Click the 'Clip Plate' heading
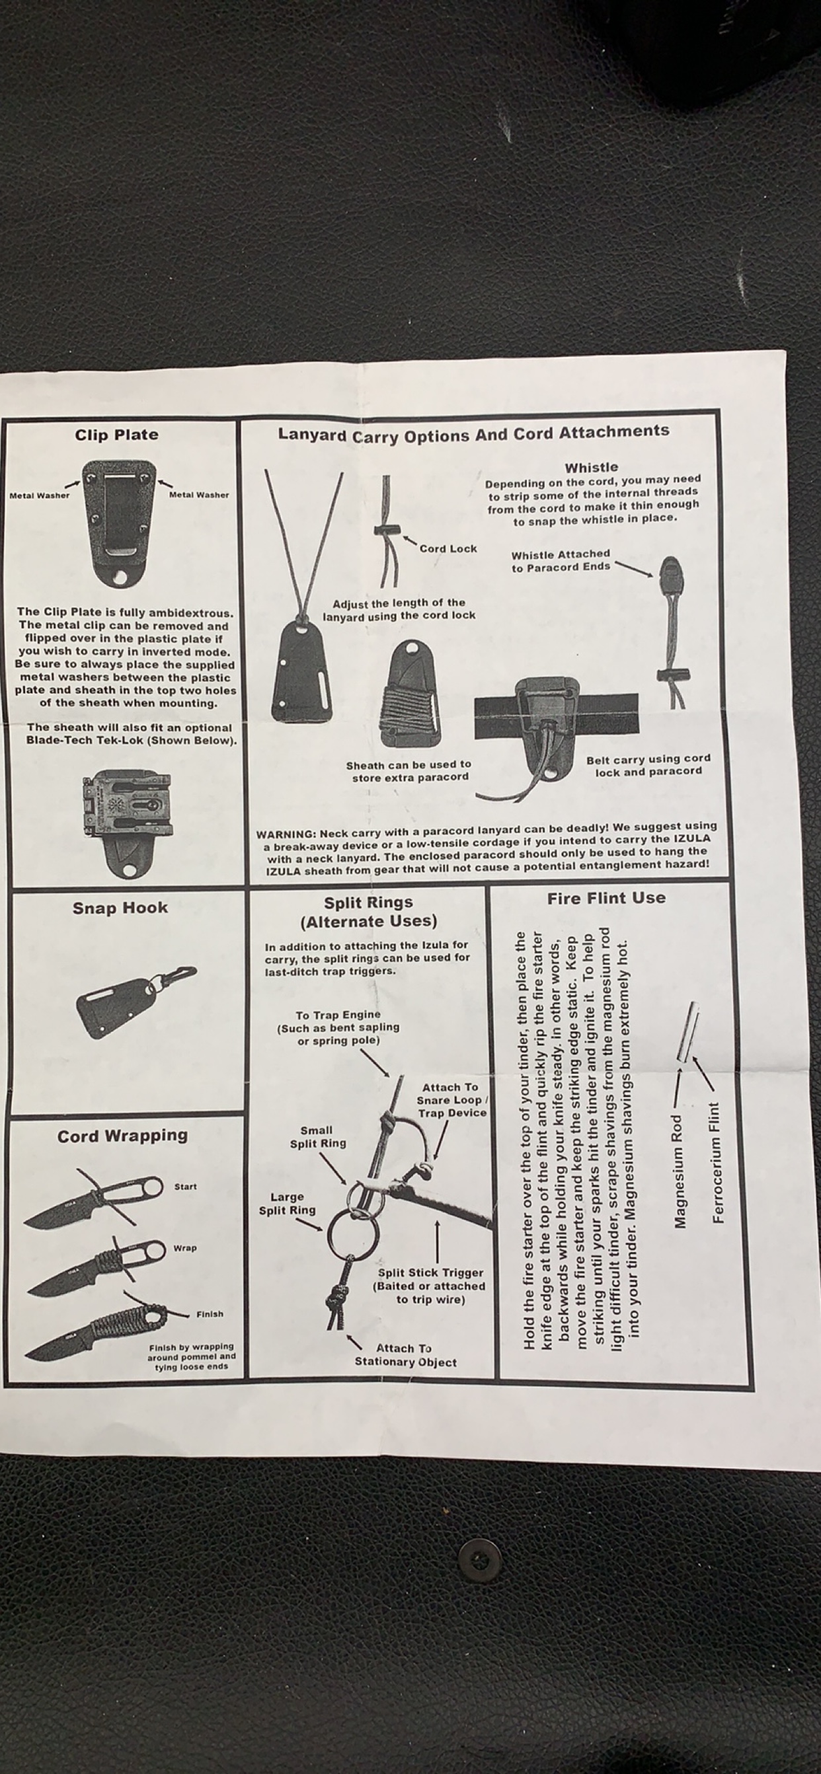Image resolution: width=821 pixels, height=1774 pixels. click(116, 435)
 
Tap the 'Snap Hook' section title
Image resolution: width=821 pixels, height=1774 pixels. click(120, 908)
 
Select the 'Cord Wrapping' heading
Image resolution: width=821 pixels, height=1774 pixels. click(122, 1136)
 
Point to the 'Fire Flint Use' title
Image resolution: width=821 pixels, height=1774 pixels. click(606, 898)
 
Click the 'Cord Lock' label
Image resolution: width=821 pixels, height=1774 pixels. click(448, 549)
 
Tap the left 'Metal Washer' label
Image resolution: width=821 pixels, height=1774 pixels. click(39, 495)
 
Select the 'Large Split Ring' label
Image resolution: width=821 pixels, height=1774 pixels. click(287, 1203)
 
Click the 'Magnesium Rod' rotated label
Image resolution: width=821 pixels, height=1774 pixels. click(680, 1171)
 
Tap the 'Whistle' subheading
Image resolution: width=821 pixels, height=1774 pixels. click(591, 467)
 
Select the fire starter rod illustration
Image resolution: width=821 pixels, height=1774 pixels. click(688, 1032)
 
